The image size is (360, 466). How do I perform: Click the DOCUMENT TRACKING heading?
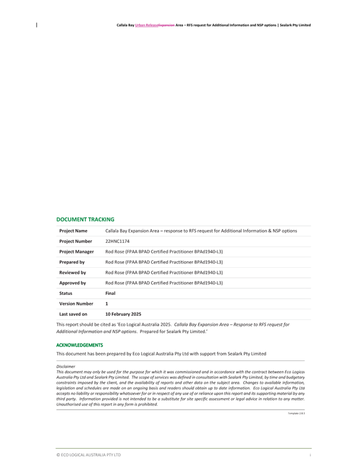(85, 220)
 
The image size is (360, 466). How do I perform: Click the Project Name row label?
(73, 231)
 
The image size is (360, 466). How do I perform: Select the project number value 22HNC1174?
(118, 241)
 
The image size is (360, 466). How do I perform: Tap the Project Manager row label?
(77, 252)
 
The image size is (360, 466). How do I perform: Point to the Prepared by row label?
(72, 262)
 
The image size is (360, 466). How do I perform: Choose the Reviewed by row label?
(73, 272)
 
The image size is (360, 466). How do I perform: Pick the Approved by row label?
(73, 282)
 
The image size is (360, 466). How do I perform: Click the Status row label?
(65, 293)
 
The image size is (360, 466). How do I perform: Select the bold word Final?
(110, 293)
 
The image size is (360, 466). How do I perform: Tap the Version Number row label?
(76, 303)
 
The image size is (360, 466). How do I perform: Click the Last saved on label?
(73, 314)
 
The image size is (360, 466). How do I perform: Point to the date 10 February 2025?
(123, 314)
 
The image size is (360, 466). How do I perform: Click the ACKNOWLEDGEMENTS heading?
(80, 345)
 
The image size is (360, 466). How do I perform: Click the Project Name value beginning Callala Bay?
(201, 231)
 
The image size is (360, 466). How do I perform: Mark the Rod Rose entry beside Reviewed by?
(164, 272)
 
